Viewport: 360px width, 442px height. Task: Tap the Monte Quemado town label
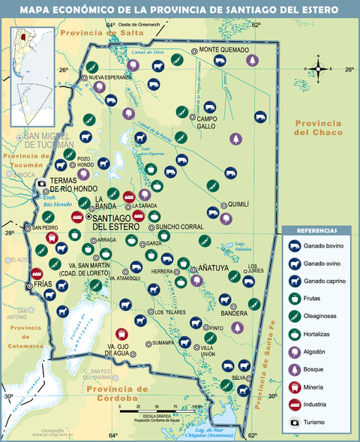tap(223, 50)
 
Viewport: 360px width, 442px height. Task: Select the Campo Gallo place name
tap(207, 122)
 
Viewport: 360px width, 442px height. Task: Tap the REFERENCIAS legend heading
tap(318, 230)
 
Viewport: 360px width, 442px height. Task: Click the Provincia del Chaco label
tap(319, 128)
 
